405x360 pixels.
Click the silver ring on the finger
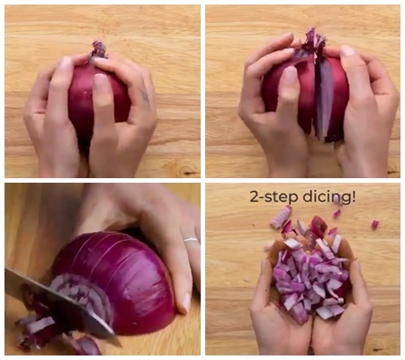click(x=190, y=240)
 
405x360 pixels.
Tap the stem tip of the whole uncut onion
click(x=99, y=48)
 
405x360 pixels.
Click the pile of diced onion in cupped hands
click(x=309, y=270)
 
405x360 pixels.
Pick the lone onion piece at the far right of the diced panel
click(x=374, y=224)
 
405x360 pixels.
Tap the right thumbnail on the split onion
click(x=347, y=52)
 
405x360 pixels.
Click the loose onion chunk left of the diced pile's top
click(x=282, y=217)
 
